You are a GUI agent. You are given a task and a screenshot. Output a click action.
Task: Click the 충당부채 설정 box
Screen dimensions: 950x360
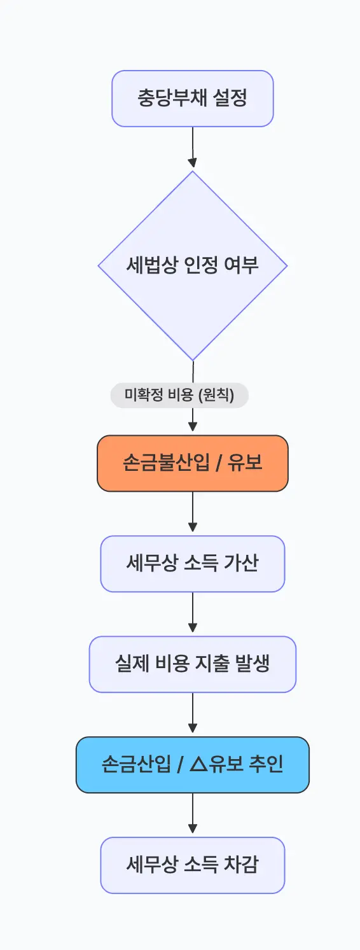(x=193, y=99)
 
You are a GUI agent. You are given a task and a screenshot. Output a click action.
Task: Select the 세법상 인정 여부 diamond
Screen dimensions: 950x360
(x=193, y=265)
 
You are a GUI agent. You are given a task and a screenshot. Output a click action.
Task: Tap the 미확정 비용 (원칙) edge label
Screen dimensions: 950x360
(x=179, y=395)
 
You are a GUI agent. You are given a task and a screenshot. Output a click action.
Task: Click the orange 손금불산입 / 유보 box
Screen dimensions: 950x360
(x=193, y=463)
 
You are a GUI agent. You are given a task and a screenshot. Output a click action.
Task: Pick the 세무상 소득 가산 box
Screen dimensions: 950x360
(x=193, y=564)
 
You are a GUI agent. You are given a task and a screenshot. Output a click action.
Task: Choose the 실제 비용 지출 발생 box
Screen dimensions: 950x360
(x=193, y=664)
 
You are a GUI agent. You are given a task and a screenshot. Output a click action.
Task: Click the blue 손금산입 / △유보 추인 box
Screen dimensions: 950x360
(x=193, y=765)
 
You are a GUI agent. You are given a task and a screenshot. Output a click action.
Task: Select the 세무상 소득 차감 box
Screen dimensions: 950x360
(x=193, y=865)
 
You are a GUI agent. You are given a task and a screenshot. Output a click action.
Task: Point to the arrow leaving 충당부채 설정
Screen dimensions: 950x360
(x=193, y=148)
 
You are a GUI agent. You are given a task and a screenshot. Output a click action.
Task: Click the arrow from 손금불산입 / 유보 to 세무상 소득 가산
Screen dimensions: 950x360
(x=193, y=513)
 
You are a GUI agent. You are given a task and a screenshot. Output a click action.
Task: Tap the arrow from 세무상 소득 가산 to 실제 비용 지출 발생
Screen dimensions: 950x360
(x=193, y=613)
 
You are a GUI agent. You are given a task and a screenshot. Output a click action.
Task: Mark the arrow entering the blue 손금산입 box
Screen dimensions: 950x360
(x=193, y=714)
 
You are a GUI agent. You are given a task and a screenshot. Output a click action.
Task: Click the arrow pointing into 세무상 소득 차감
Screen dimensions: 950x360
(x=193, y=814)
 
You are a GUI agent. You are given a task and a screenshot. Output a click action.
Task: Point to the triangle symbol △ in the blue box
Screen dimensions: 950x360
(x=198, y=765)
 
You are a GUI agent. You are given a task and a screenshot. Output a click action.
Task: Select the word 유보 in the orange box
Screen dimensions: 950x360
(x=244, y=463)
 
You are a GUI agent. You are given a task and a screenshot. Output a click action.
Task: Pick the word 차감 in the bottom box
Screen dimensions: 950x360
(x=241, y=865)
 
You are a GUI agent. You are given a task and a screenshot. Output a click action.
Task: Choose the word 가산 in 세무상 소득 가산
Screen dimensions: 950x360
(x=241, y=564)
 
